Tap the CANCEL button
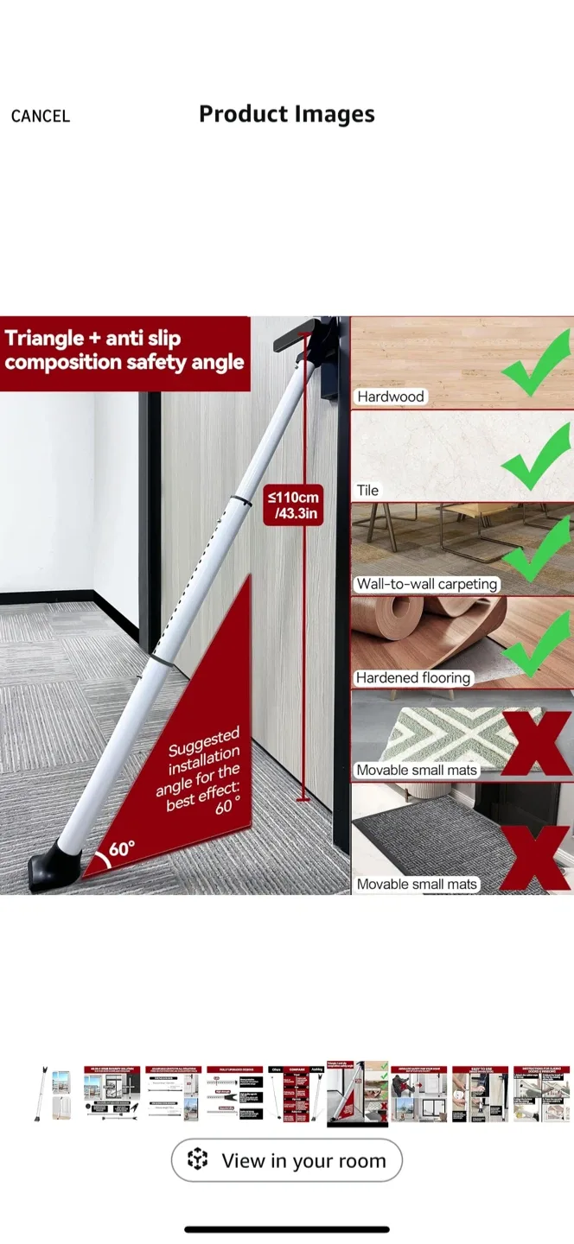pos(40,116)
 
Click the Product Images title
pos(287,114)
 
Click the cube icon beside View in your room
pos(198,1160)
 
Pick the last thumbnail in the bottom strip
pos(540,1094)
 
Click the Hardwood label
pos(391,397)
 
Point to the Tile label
pos(368,490)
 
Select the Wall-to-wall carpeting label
pos(427,584)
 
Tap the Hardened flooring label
pos(413,677)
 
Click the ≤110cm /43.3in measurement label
pos(293,505)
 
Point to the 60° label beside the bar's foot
pos(120,848)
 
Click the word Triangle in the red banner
pos(44,338)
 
